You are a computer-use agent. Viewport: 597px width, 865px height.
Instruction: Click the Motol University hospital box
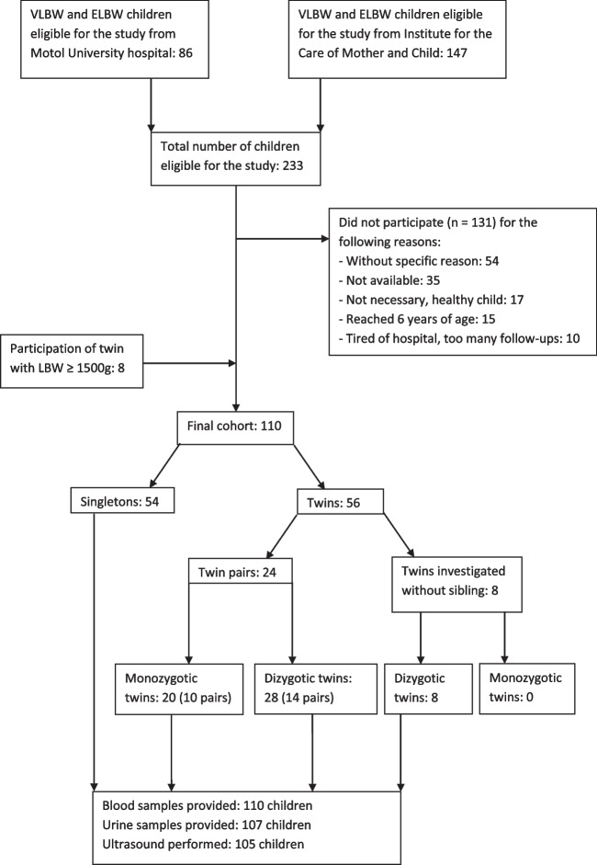(x=115, y=40)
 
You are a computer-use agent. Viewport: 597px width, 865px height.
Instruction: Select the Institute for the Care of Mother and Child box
(x=398, y=40)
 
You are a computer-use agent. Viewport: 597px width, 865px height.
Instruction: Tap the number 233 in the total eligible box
(x=292, y=165)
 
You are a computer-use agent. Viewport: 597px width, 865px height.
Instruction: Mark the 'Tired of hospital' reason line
(x=463, y=338)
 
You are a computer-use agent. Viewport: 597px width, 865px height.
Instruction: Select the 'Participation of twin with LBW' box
(x=72, y=360)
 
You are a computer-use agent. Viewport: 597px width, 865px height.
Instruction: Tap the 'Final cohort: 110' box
(x=235, y=427)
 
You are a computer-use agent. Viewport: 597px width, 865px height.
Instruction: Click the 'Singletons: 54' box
(x=122, y=500)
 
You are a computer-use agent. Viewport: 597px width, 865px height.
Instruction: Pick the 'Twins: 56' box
(x=340, y=502)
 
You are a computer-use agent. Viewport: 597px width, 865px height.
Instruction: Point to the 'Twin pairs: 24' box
(x=241, y=571)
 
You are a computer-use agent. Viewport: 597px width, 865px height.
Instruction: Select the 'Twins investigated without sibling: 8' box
(x=457, y=585)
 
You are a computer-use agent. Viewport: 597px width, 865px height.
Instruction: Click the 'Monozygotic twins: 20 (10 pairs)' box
(x=178, y=689)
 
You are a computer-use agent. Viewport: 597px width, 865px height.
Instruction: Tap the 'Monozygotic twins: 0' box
(x=527, y=689)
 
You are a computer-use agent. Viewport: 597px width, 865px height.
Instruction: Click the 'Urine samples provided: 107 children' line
(x=207, y=825)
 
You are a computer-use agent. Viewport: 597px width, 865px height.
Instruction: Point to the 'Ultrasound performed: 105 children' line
(x=203, y=844)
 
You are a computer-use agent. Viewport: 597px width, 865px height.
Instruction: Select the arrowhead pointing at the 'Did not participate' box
(x=325, y=239)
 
